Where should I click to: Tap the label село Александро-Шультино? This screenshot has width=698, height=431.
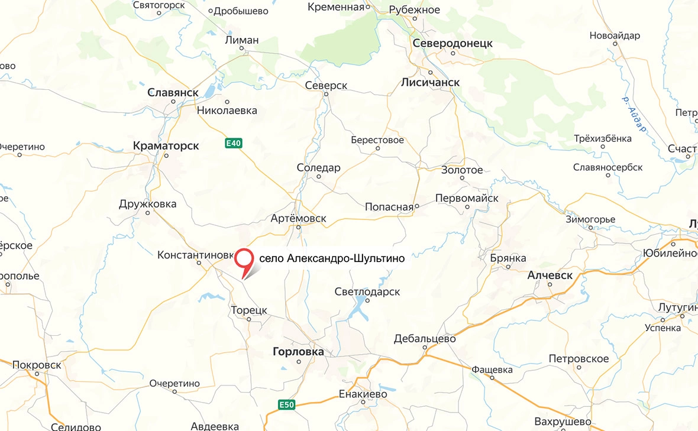(x=332, y=259)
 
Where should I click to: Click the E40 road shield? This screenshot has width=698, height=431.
(x=234, y=143)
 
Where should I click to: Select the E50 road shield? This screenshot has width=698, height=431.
(x=286, y=405)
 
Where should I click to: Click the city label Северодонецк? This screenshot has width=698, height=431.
(x=453, y=44)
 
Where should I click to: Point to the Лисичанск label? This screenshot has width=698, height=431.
(x=430, y=83)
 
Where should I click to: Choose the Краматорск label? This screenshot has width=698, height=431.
(x=166, y=145)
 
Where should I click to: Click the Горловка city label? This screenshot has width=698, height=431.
(x=298, y=352)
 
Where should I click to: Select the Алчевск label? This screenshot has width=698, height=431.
(x=550, y=276)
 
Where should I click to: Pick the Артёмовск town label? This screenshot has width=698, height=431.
(x=298, y=218)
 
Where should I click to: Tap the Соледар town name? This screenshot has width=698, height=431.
(x=318, y=168)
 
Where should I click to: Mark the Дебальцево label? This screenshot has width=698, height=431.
(x=425, y=339)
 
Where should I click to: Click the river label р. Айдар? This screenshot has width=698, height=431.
(x=635, y=114)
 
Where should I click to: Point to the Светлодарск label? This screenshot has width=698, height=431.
(x=367, y=292)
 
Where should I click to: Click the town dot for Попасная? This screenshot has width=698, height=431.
(x=416, y=206)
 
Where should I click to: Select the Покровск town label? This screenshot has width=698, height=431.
(x=37, y=365)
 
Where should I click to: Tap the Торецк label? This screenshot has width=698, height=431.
(x=249, y=310)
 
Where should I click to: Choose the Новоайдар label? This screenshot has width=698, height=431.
(x=615, y=36)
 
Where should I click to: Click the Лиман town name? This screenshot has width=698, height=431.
(x=242, y=40)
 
